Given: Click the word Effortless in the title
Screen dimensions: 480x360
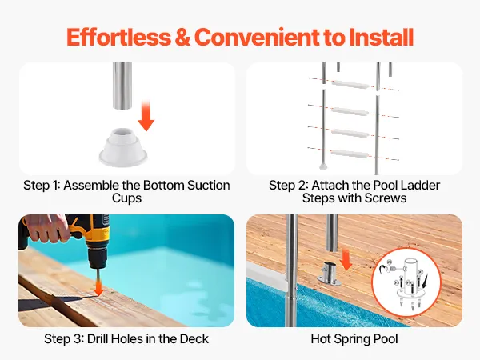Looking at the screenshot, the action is coord(118,37).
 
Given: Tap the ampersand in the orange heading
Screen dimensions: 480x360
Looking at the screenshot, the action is coord(182,37).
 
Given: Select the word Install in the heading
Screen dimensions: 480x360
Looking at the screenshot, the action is coord(382,37).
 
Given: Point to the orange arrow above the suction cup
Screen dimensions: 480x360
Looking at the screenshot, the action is coord(146,115).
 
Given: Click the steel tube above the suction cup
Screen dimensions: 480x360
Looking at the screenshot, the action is coord(122,86).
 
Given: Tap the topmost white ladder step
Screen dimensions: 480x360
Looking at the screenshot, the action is coord(350,85).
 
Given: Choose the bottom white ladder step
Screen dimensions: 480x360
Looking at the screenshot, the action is coord(350,153).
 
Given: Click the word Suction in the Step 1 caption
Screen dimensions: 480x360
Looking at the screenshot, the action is coord(208,186).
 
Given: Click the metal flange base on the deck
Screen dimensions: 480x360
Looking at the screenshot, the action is coord(330,274).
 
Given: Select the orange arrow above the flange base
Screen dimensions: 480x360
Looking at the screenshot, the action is coord(346,259).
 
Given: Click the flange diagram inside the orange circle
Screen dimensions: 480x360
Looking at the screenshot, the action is coord(407,282).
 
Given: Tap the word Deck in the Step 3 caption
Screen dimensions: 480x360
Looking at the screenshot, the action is coord(194,339).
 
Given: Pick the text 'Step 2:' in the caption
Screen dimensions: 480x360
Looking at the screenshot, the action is coord(289,186).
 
